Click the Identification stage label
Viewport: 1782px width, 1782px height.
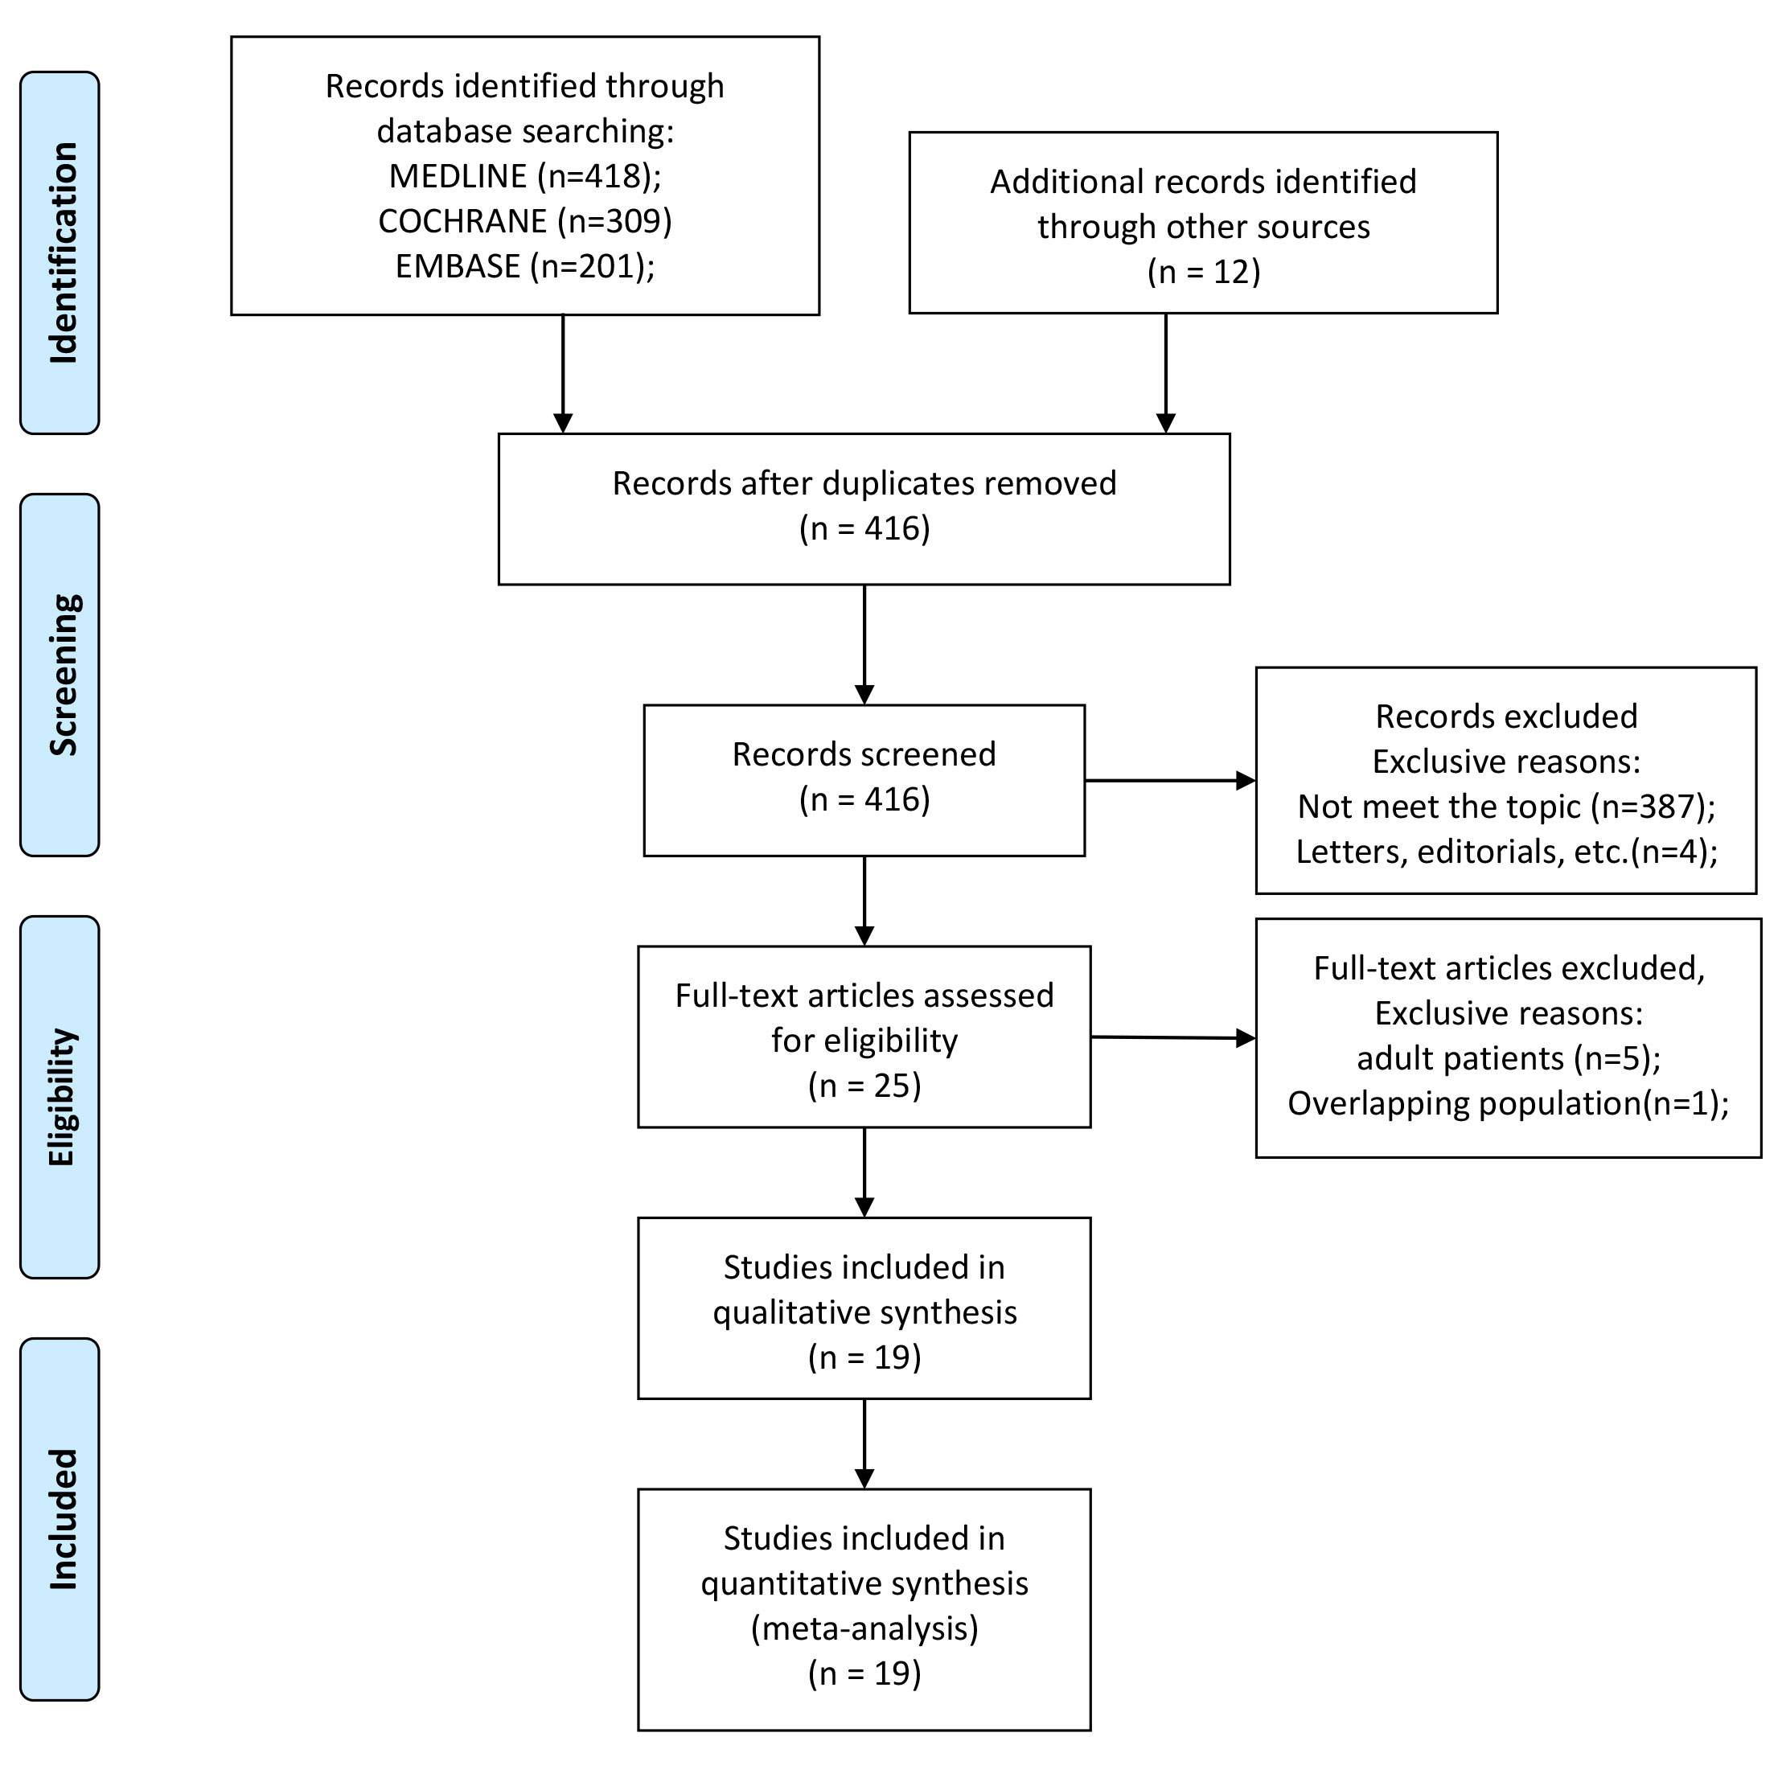[60, 253]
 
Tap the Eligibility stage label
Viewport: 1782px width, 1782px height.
[60, 1097]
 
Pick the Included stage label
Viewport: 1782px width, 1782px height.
[60, 1519]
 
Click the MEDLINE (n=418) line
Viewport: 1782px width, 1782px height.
[525, 175]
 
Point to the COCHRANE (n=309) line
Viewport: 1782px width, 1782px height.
[525, 220]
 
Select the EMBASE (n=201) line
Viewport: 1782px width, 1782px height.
[525, 265]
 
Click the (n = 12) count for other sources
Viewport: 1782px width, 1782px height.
[1204, 271]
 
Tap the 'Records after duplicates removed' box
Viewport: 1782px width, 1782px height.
[864, 509]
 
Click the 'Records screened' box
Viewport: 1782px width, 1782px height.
[864, 780]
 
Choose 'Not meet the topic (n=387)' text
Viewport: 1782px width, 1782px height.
[1506, 806]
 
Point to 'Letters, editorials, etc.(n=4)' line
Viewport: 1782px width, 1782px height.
[1506, 852]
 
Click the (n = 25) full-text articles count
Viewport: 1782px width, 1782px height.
[864, 1085]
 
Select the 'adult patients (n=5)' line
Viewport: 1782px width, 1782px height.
[1509, 1058]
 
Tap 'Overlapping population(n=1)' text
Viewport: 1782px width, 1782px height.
[1509, 1103]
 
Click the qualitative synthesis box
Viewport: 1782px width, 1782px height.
[864, 1308]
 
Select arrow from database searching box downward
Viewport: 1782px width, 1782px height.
[563, 375]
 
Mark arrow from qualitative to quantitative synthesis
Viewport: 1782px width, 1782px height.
[864, 1444]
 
